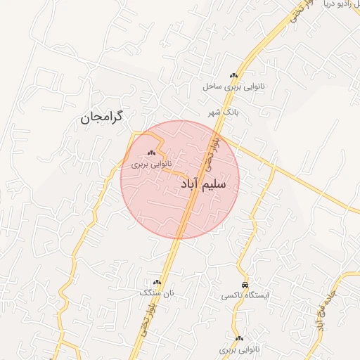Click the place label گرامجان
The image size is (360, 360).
[x=101, y=117]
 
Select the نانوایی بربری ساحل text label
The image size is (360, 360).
[x=228, y=87]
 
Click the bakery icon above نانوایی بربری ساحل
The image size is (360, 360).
[x=233, y=76]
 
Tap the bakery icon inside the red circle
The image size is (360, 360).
[x=153, y=152]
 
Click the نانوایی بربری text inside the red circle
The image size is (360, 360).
[x=151, y=164]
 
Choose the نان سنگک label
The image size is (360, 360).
[x=155, y=292]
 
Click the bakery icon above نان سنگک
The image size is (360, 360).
[x=157, y=282]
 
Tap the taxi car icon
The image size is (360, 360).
[x=243, y=285]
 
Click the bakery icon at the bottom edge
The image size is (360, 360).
[x=240, y=338]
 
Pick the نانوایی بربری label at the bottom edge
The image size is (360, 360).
[x=239, y=349]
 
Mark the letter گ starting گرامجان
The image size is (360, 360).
[x=117, y=115]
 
